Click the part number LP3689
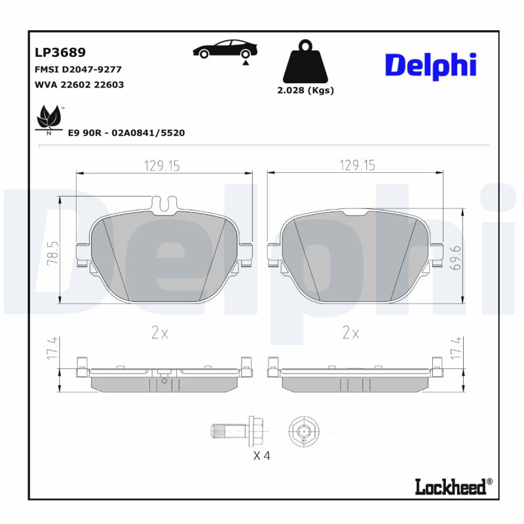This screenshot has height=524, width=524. [x=59, y=52]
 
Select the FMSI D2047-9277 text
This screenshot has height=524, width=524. [x=77, y=69]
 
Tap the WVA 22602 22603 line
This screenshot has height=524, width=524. [x=78, y=84]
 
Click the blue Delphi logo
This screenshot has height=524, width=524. [x=430, y=66]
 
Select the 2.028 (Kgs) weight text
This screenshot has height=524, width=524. [x=305, y=90]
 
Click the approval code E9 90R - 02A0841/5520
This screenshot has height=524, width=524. [x=126, y=133]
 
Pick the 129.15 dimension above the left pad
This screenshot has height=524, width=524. [x=162, y=166]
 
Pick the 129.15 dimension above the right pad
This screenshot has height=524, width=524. [x=357, y=166]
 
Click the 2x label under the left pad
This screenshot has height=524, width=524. [x=160, y=333]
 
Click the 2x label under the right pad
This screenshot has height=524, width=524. [x=351, y=333]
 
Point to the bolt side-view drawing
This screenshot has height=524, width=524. [x=237, y=430]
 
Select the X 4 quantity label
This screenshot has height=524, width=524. [x=261, y=456]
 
